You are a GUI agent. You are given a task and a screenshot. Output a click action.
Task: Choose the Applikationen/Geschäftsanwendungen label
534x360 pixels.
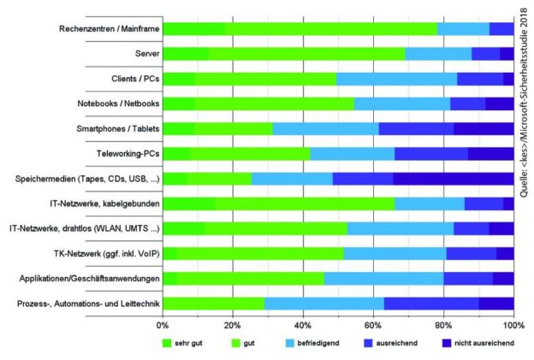pos(84,279)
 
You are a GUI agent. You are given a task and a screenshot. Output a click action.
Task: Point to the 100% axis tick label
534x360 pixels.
pos(513,325)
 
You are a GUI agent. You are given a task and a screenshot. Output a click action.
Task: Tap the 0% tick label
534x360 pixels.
pos(163,325)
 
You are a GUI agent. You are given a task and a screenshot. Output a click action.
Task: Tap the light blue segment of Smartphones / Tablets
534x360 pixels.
pos(325,129)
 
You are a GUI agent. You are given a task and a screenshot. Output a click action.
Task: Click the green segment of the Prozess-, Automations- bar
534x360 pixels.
pos(213,304)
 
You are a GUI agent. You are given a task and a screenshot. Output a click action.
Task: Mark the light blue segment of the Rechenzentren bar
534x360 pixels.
pos(462,29)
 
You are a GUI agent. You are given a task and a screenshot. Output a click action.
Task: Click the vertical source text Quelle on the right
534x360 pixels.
pos(524,103)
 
